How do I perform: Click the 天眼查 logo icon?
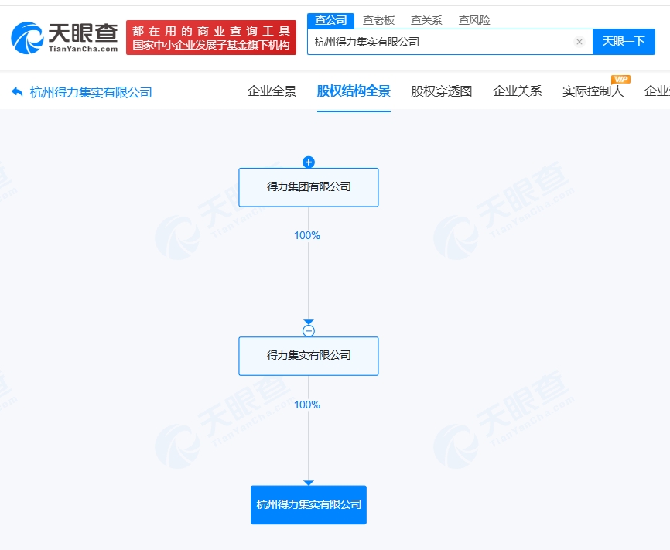pos(27,38)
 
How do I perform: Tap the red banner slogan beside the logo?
pos(211,38)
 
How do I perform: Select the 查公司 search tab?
pos(330,21)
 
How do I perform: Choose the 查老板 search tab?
pos(378,21)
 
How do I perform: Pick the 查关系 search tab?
pos(426,21)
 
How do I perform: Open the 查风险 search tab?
pos(474,21)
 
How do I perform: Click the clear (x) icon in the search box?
pos(579,42)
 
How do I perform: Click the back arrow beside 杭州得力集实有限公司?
pos(17,92)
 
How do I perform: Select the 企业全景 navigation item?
pos(272,91)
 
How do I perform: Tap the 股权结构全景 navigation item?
pos(354,91)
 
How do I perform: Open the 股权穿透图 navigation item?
pos(442,91)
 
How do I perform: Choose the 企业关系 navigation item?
pos(518,91)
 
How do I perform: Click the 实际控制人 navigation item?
pos(593,91)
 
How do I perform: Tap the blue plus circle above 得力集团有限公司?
pos(309,162)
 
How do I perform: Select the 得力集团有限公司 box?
pos(309,187)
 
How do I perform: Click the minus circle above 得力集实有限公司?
pos(309,331)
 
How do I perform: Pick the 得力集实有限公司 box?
pos(309,356)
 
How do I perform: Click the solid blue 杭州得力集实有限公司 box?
pos(309,504)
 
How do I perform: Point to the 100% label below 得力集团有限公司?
pos(307,235)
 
